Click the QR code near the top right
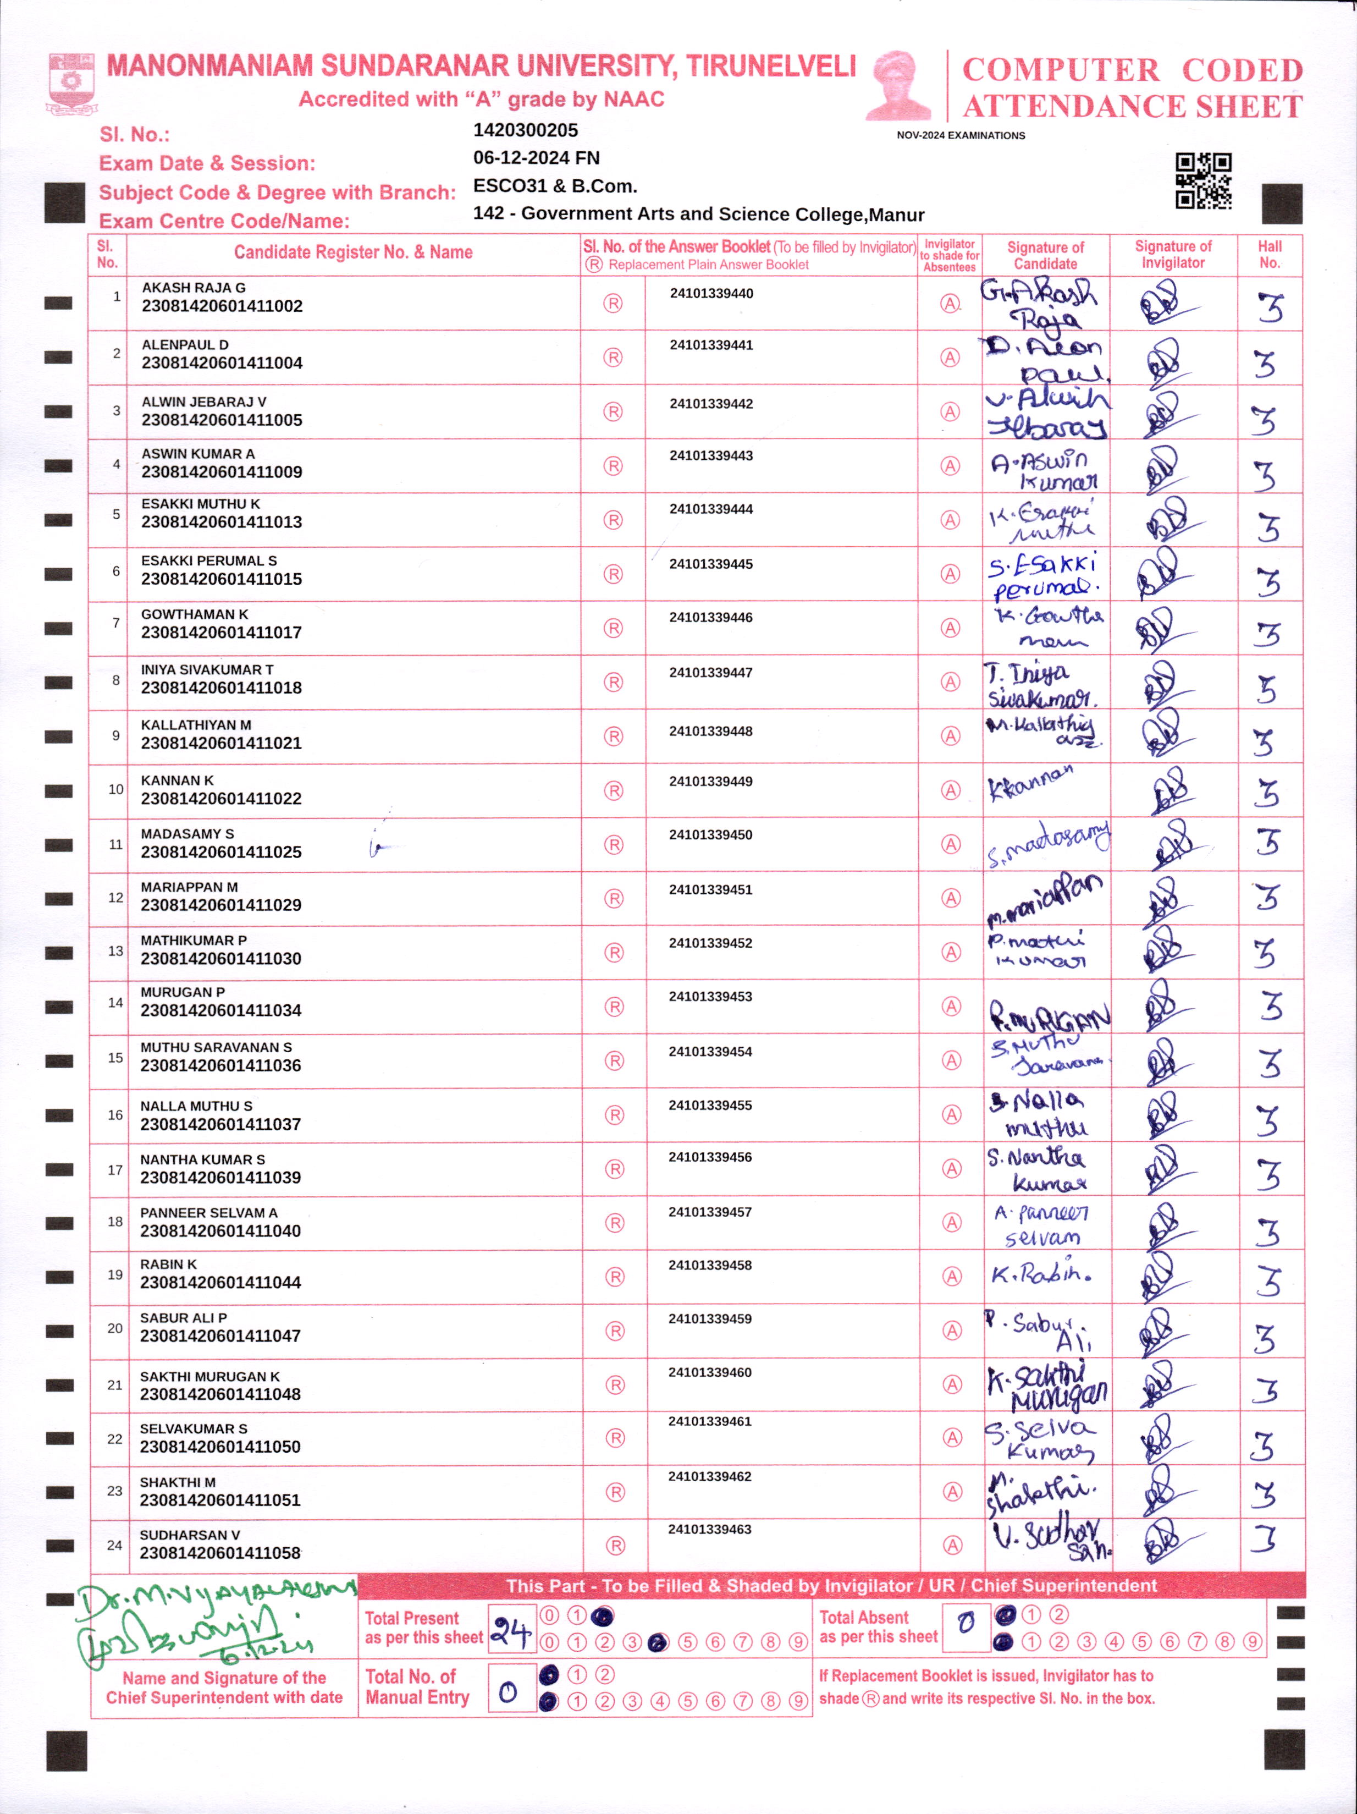point(1203,180)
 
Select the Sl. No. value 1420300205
point(526,130)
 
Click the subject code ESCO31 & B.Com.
point(555,186)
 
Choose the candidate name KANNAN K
point(177,780)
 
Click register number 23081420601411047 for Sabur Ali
point(220,1336)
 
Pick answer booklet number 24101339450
point(711,835)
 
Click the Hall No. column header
point(1269,254)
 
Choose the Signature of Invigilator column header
point(1172,254)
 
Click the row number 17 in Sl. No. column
point(115,1169)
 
